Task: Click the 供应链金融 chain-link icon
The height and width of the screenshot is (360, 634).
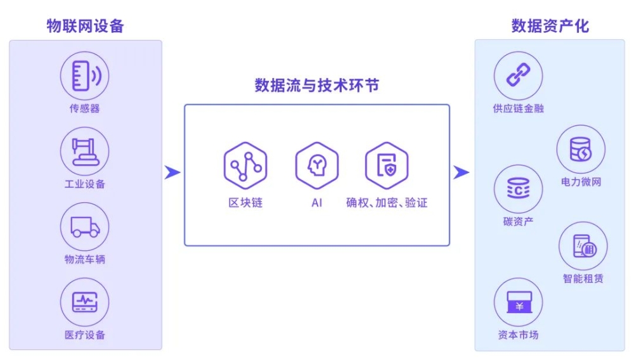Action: [x=518, y=76]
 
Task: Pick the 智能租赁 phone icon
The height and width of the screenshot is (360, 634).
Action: [x=583, y=246]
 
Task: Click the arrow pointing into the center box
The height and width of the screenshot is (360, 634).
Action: [x=172, y=172]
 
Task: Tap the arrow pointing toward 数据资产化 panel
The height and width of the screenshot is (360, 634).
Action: [x=462, y=172]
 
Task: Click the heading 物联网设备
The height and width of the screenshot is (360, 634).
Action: [x=85, y=26]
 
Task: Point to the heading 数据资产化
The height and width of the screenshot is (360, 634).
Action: [x=550, y=26]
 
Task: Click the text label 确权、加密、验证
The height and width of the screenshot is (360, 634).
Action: [x=387, y=203]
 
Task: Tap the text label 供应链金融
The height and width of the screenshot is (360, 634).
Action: [x=518, y=108]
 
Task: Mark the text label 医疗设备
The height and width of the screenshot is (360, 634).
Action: [x=85, y=335]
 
